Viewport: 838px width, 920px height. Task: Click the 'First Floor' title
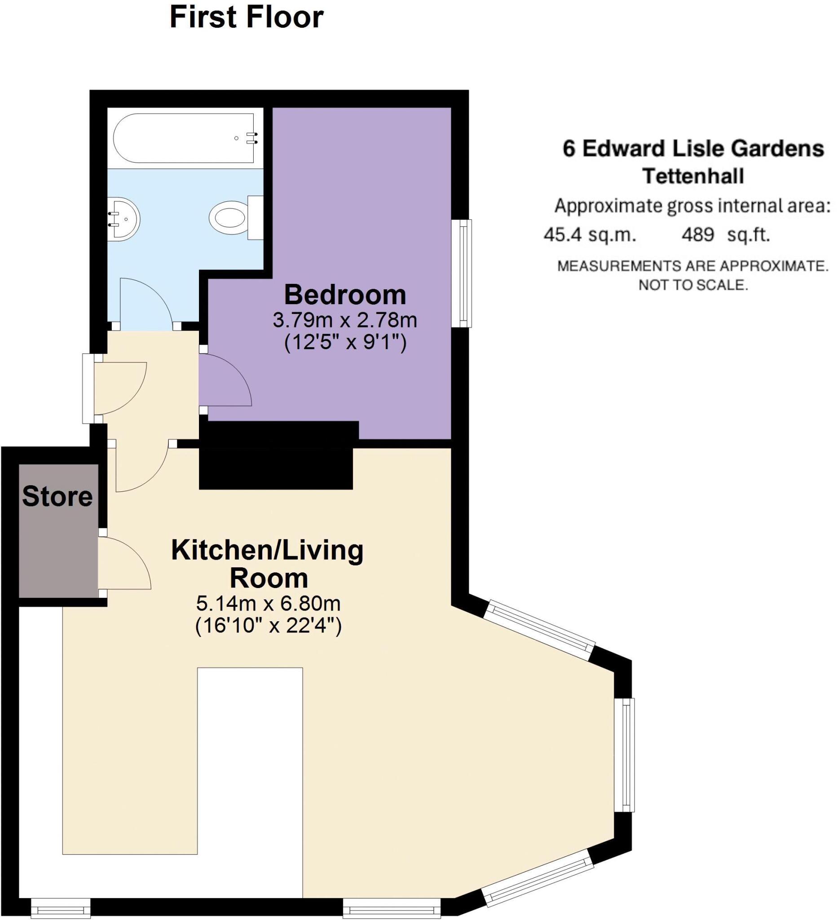click(x=247, y=18)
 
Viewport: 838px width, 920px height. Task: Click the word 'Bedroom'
click(x=345, y=295)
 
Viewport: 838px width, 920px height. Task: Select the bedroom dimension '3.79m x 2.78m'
click(x=345, y=320)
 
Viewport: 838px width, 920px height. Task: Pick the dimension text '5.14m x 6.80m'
click(x=268, y=604)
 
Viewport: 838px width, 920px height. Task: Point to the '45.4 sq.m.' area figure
click(x=589, y=235)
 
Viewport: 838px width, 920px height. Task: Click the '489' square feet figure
click(x=697, y=235)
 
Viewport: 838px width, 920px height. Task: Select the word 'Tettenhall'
click(x=693, y=176)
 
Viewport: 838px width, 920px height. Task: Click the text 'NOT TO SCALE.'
click(x=693, y=285)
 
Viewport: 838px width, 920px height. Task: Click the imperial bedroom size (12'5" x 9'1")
click(x=345, y=343)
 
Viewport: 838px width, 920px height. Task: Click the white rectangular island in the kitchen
click(x=250, y=785)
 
